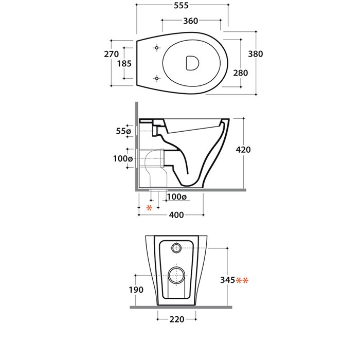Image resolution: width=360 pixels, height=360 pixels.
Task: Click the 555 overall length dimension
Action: [181, 5]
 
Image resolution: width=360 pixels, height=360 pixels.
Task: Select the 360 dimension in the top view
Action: [191, 21]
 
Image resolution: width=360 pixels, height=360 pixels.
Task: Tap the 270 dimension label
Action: [112, 54]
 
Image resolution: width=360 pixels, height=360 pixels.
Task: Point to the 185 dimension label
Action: [124, 63]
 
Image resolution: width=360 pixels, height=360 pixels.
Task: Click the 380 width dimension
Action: [256, 53]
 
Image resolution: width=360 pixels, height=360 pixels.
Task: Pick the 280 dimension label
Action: [241, 73]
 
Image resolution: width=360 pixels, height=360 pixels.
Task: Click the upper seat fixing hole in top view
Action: [157, 48]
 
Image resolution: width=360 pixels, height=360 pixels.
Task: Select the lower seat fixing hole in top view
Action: [157, 79]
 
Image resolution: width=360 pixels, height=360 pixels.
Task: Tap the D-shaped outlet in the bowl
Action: [192, 63]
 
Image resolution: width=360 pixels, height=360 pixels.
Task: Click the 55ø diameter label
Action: [123, 131]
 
